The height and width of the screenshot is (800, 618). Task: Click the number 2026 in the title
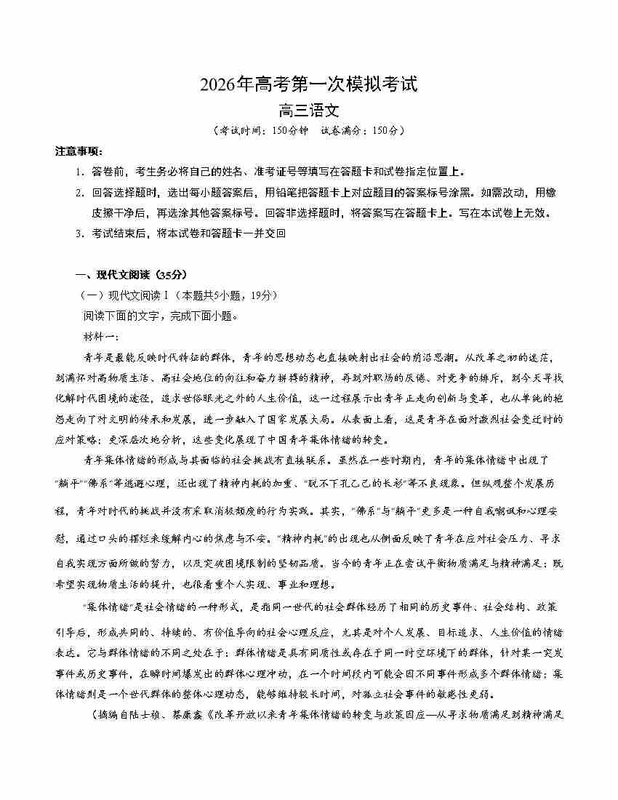(221, 85)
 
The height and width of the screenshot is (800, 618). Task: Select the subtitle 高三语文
(309, 111)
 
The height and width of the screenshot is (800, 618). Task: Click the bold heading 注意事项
(78, 151)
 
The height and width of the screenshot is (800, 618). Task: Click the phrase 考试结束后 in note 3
(117, 233)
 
